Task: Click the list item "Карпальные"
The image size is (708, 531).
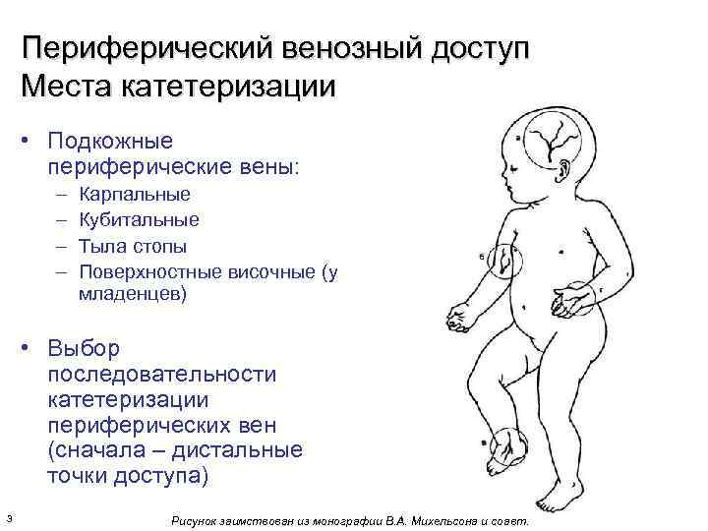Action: click(x=135, y=194)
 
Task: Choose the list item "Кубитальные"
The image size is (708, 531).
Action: click(x=139, y=219)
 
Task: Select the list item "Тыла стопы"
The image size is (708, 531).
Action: click(x=133, y=245)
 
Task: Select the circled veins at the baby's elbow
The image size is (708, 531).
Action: click(x=503, y=262)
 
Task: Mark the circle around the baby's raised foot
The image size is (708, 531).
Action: click(x=505, y=451)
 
